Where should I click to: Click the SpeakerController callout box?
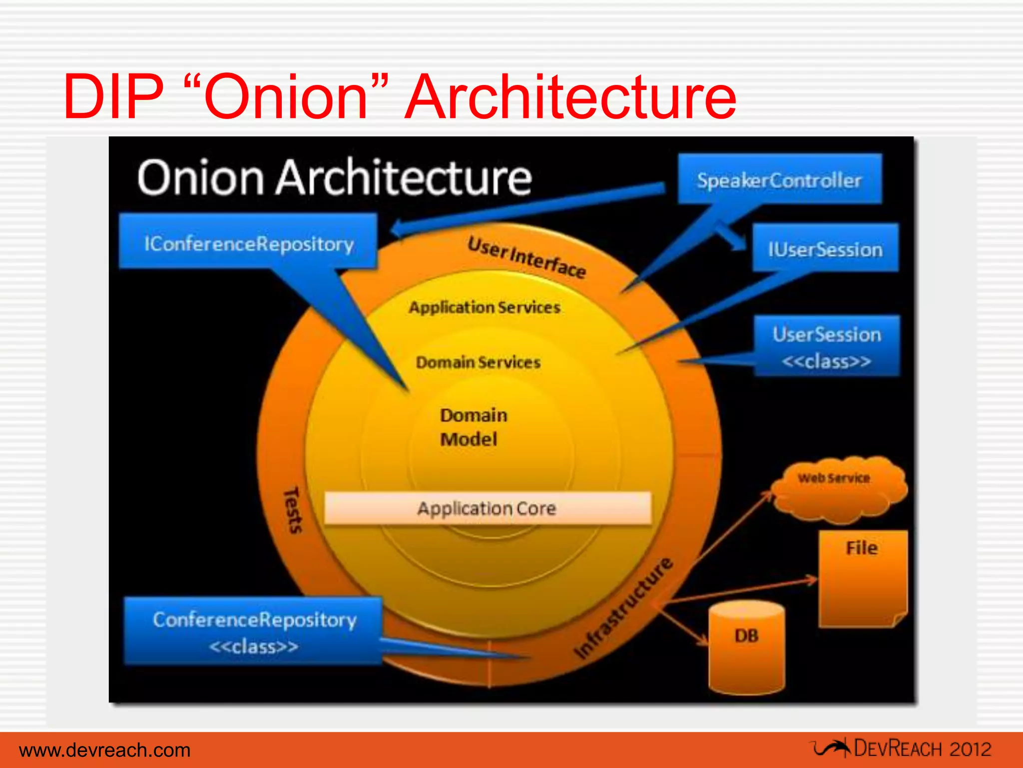[x=779, y=179]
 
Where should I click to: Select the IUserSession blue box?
[x=825, y=248]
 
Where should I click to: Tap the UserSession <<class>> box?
[x=827, y=346]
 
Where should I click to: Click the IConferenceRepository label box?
[x=248, y=242]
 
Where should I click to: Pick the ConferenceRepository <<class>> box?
[x=254, y=631]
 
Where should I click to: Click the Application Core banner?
[x=487, y=508]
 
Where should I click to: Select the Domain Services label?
[x=478, y=362]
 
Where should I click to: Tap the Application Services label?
[x=484, y=307]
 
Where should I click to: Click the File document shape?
[x=863, y=577]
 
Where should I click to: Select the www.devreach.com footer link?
[x=105, y=750]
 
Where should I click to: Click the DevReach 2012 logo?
[x=901, y=748]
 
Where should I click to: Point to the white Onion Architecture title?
[x=334, y=177]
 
